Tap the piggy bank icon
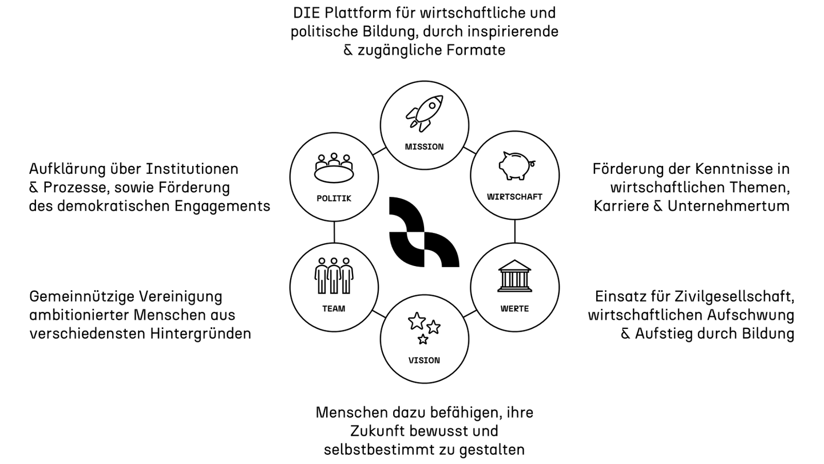[x=515, y=166]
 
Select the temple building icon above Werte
[x=514, y=276]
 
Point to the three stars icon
[x=424, y=328]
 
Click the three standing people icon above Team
[x=334, y=275]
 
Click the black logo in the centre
[x=424, y=232]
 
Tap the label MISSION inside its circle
[x=424, y=146]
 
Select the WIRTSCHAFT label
[x=514, y=197]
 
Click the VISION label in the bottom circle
[x=424, y=360]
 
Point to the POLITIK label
[x=334, y=199]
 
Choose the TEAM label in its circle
[x=334, y=309]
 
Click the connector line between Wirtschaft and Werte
[x=515, y=232]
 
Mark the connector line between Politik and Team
[x=334, y=232]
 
